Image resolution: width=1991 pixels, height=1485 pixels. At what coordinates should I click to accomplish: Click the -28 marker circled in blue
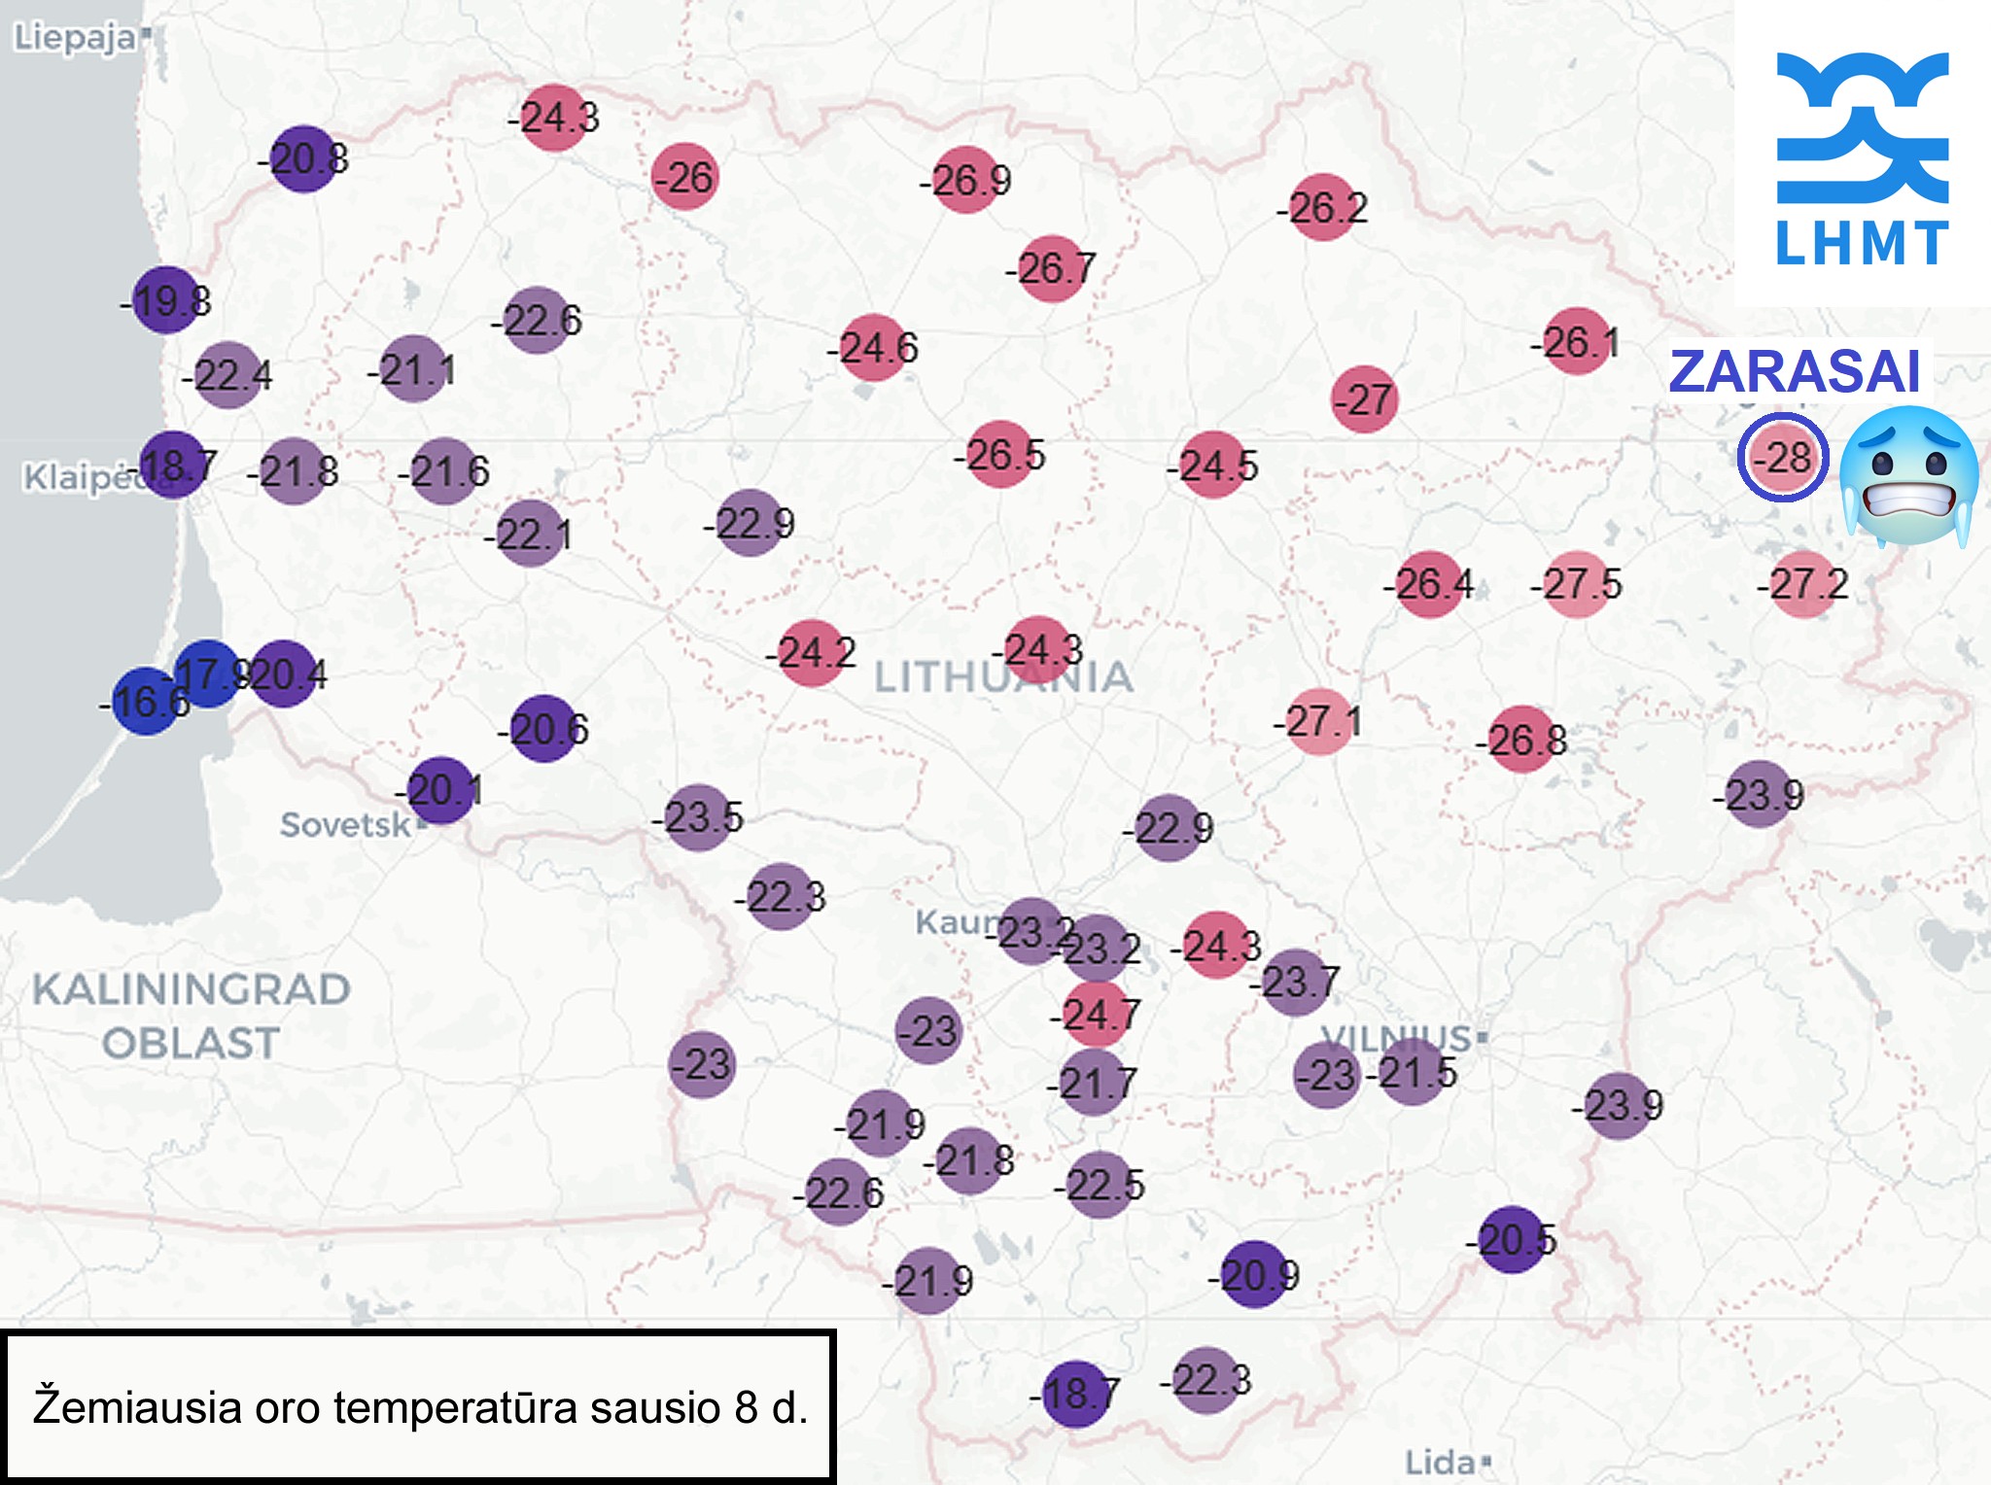1783,457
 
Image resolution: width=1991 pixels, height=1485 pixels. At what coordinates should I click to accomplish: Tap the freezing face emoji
1908,475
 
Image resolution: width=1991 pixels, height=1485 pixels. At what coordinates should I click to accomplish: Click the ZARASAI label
1794,371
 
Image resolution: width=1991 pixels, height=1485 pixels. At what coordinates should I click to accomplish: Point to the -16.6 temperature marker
146,701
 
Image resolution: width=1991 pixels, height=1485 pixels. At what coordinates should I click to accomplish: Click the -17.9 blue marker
207,673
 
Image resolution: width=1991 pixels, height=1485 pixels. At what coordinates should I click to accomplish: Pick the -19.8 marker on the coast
166,300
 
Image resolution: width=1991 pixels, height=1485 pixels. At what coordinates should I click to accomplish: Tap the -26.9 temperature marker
966,180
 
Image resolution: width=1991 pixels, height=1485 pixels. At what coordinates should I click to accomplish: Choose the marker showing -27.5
1577,584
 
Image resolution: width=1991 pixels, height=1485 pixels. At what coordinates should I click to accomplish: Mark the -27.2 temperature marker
1804,584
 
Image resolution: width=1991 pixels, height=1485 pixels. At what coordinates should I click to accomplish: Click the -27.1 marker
1319,722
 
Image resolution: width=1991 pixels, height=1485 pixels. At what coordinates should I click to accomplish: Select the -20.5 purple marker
1513,1239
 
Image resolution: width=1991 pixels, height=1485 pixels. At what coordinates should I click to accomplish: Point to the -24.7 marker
1096,1015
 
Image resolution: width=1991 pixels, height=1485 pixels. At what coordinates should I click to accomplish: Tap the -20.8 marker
303,158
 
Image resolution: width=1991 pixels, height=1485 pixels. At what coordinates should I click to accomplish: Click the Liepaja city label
75,38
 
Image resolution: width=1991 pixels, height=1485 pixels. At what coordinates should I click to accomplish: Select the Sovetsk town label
345,825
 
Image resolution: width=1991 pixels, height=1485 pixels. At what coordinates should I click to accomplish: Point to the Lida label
1440,1462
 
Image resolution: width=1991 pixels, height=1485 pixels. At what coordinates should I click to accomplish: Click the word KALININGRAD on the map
192,989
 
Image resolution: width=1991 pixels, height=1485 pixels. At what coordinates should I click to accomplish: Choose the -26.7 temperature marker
1052,268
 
